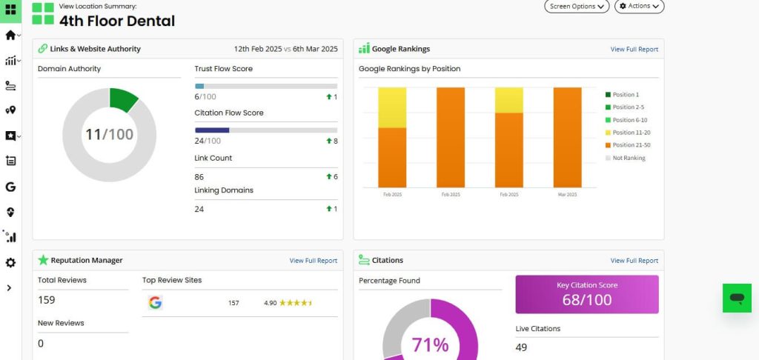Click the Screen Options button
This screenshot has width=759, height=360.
point(577,6)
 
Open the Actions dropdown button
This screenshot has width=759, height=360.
point(639,6)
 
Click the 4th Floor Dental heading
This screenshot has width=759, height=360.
point(117,21)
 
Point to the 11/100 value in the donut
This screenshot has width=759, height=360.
point(109,135)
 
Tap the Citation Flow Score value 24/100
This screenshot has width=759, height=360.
point(208,141)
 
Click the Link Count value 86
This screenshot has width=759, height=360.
point(199,177)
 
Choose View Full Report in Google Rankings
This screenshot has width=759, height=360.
point(634,50)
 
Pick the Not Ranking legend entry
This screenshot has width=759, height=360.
point(629,158)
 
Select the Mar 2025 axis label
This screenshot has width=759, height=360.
point(567,194)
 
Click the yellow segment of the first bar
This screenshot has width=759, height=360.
point(392,107)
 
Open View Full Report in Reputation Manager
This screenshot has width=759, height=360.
point(313,261)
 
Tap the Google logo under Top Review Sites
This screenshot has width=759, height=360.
point(155,302)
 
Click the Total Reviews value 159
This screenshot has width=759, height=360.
point(47,300)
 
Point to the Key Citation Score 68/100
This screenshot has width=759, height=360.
point(587,300)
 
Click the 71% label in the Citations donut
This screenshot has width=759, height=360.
point(431,345)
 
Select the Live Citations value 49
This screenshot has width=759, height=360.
point(521,347)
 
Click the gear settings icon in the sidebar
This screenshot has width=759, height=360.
point(10,263)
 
